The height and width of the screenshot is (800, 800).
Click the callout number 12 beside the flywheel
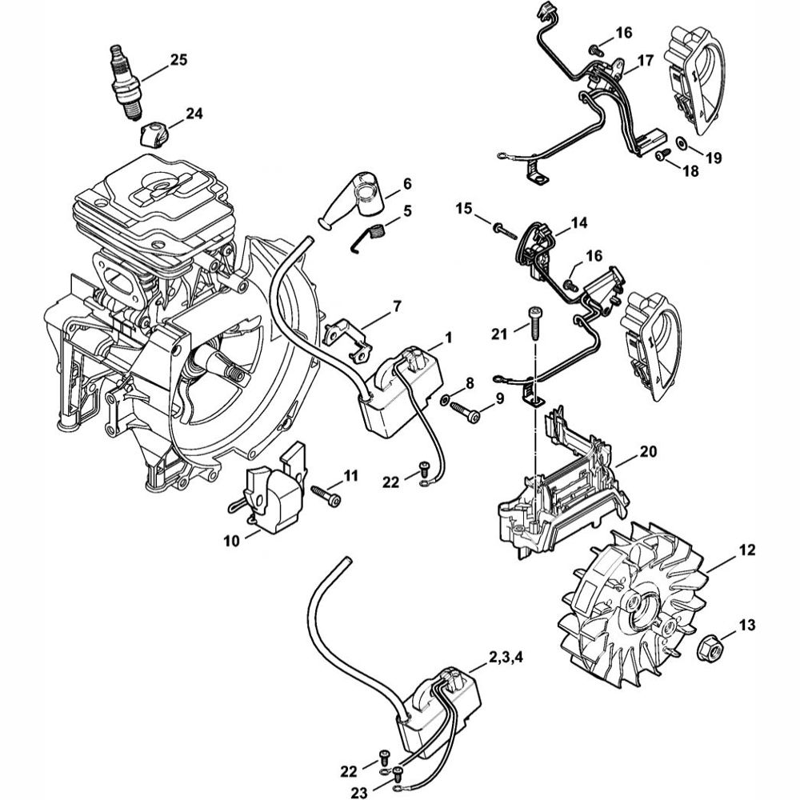click(746, 551)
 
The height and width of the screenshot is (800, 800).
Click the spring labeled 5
click(374, 234)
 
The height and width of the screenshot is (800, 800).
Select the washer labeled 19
click(682, 142)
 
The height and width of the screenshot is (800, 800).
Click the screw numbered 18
click(662, 157)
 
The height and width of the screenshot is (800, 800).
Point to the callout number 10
click(231, 542)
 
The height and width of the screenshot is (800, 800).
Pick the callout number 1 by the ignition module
click(449, 339)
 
